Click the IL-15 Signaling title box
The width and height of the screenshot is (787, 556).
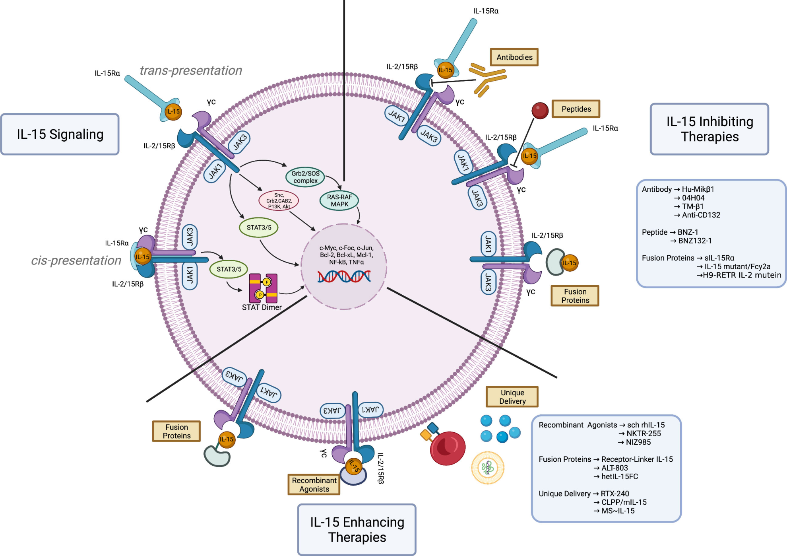coord(60,134)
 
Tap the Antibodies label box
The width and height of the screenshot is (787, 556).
coord(514,57)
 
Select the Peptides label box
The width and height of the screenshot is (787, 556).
coord(576,109)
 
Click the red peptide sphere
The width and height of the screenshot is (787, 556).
coord(540,111)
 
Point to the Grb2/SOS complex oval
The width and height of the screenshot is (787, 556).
coord(305,177)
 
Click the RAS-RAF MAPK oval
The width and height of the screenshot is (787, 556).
coord(339,200)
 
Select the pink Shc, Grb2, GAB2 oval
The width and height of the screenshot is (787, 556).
coord(279,201)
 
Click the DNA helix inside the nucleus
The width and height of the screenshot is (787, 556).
coord(344,276)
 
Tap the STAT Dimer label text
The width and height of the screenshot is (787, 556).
coord(262,307)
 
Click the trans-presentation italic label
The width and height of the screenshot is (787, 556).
coord(191,70)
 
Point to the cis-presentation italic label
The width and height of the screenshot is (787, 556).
coord(76,261)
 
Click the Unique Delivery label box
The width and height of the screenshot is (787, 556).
coord(512,397)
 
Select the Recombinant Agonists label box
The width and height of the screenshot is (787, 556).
coord(314,484)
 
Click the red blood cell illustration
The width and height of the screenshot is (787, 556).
coord(448,448)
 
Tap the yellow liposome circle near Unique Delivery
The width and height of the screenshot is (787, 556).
coord(488,468)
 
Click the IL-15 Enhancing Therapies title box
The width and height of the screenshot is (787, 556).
coord(357,529)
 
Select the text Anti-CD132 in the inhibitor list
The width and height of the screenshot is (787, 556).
coord(701,215)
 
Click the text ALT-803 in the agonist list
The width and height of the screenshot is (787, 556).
coord(614,468)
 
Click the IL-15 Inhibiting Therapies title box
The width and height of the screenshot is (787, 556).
coord(709,129)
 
